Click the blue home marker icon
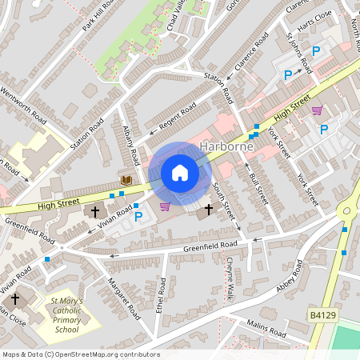coord(179,173)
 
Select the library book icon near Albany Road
coord(126,181)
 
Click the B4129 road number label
coord(322,318)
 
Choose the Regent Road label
coord(178,117)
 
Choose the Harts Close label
coord(318,37)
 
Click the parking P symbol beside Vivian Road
coord(138,216)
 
